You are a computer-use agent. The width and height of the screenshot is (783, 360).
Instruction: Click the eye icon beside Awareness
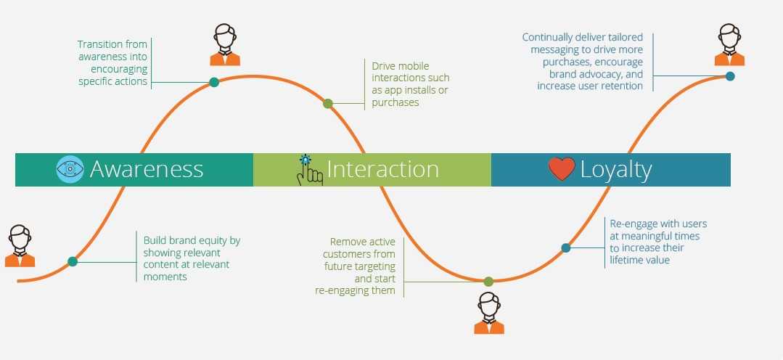70,169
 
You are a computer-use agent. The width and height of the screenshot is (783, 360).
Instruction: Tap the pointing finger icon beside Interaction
309,170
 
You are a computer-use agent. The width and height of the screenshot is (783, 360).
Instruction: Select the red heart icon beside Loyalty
562,169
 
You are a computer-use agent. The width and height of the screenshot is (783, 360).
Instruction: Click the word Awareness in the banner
147,169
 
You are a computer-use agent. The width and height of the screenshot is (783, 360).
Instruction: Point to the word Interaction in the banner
382,169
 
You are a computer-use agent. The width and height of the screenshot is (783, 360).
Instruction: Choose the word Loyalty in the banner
615,169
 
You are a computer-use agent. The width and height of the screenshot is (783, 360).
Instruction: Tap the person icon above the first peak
225,45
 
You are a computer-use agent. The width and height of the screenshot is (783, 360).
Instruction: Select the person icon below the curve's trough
489,313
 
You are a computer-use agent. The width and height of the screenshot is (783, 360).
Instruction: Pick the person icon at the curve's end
729,45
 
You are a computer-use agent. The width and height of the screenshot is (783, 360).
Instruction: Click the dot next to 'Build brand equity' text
73,261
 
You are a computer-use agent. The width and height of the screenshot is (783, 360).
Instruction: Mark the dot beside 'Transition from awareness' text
214,82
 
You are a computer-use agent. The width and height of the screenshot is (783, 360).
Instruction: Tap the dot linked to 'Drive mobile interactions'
328,104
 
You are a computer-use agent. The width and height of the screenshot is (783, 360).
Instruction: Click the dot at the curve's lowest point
488,281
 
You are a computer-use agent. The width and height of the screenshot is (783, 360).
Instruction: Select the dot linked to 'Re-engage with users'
566,247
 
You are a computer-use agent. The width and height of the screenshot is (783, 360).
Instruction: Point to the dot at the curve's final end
730,75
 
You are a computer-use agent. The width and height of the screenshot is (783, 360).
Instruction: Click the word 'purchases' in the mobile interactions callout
395,103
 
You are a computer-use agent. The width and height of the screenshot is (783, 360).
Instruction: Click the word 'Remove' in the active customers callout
347,242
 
